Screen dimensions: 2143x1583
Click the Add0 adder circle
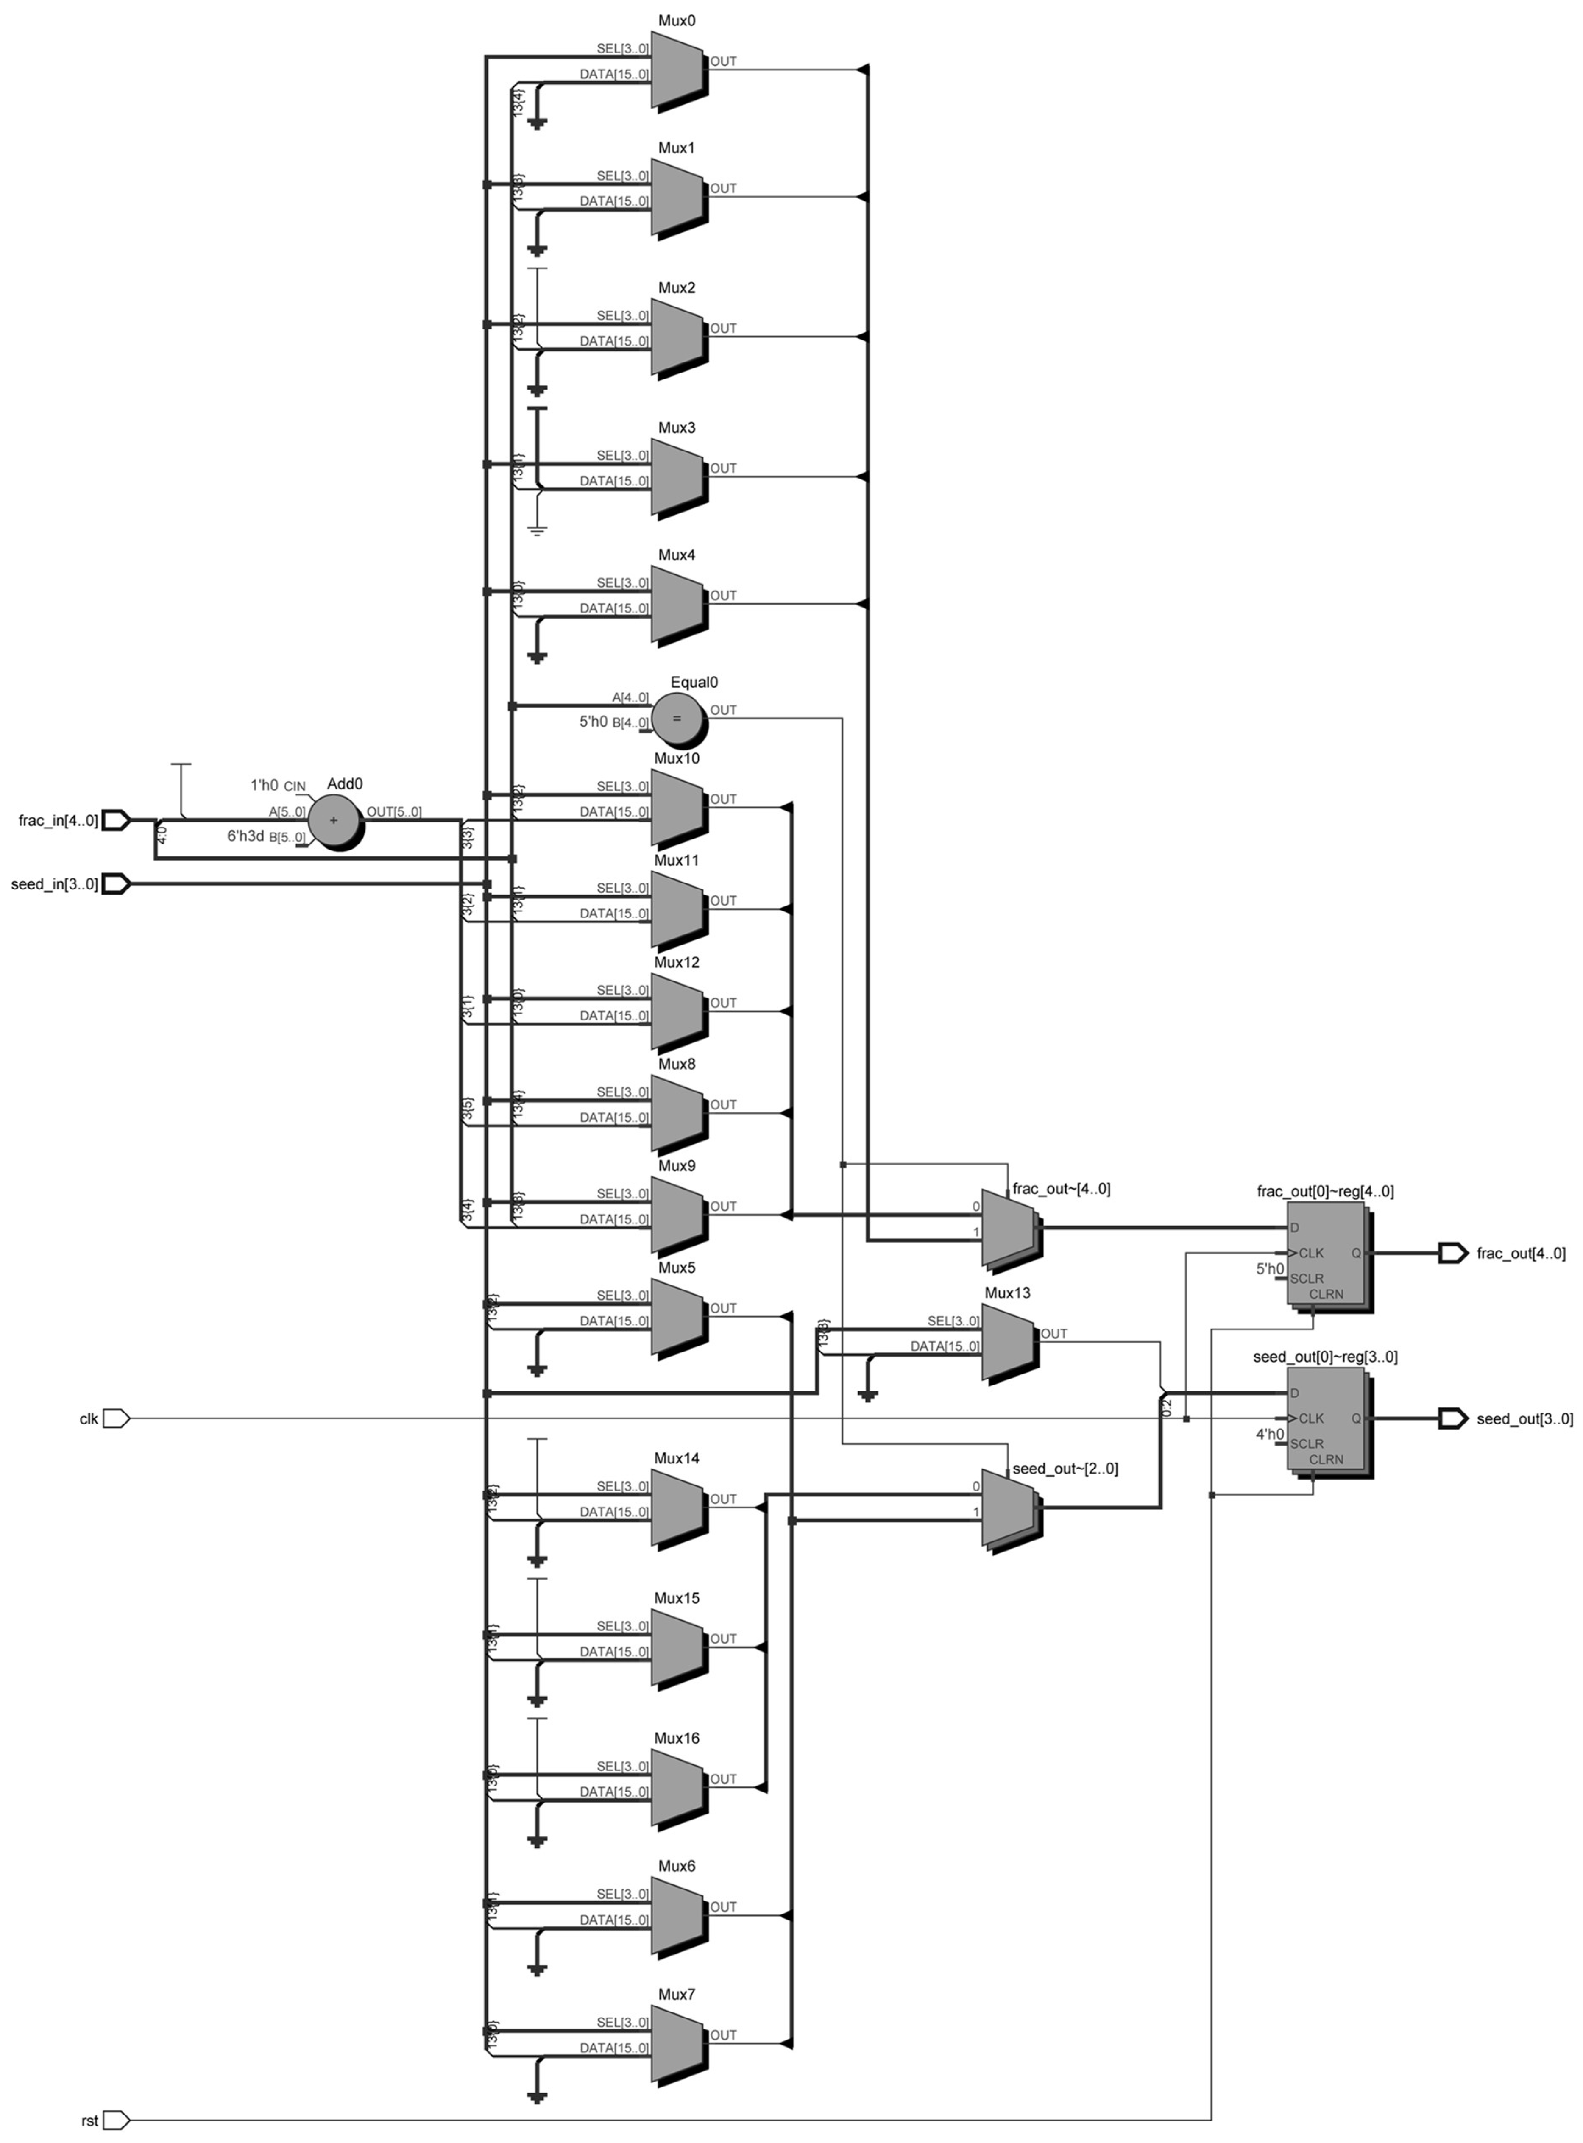click(334, 820)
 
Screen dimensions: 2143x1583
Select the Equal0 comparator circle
click(677, 718)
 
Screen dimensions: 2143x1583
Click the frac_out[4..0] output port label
click(1521, 1253)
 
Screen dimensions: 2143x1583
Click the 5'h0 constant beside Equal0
click(593, 722)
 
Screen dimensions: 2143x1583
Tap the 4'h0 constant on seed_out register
click(1270, 1434)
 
